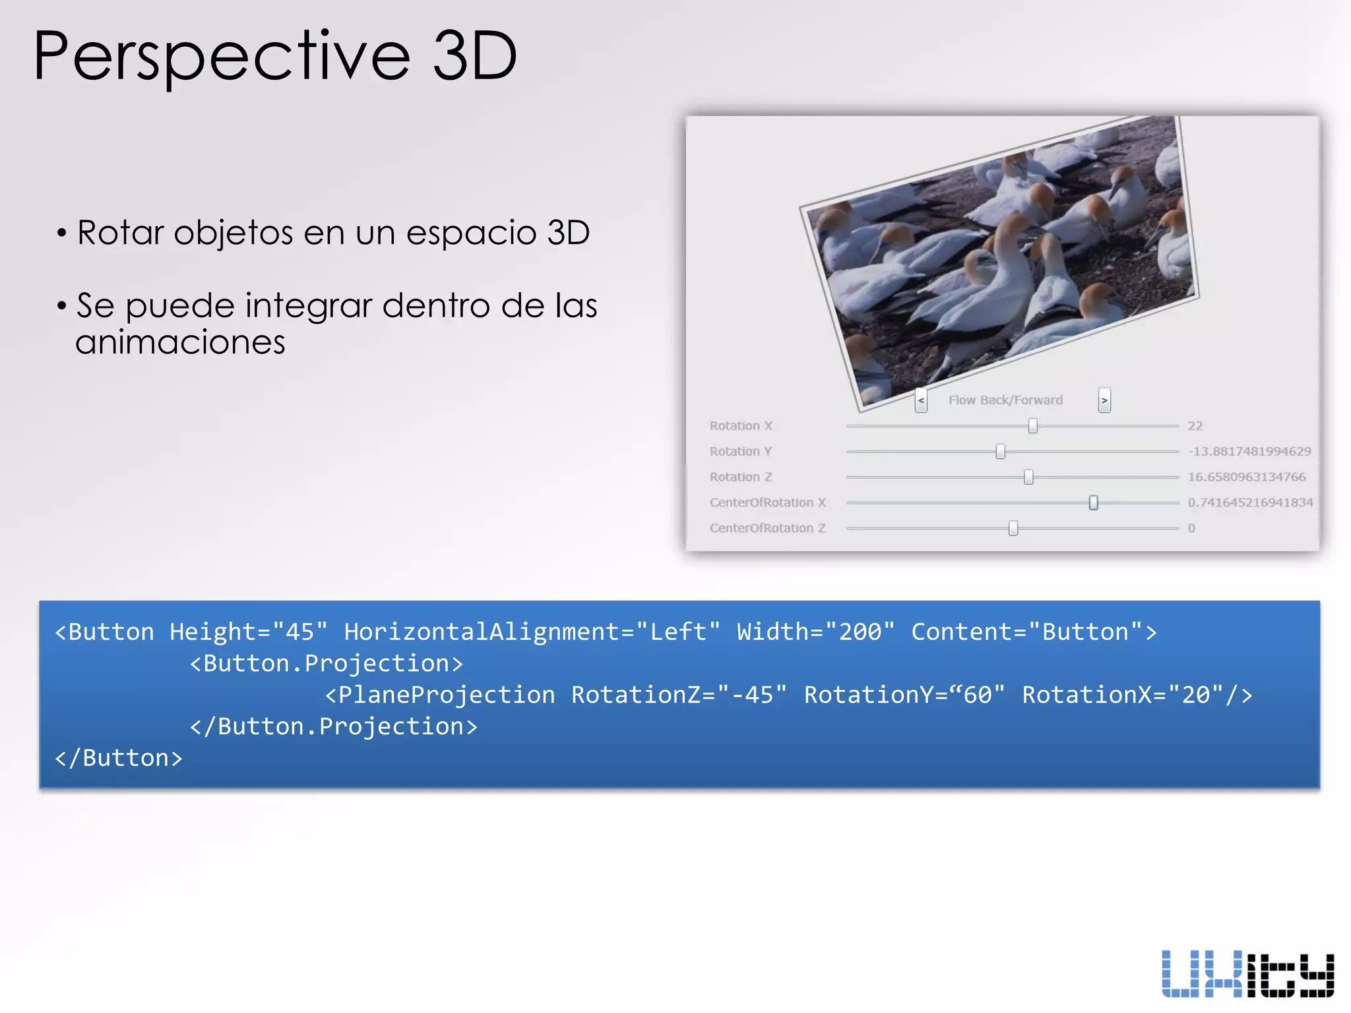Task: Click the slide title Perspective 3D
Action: click(x=275, y=57)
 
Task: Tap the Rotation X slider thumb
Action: click(x=1033, y=426)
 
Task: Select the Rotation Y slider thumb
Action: click(x=1001, y=452)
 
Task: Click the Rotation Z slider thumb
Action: click(x=1028, y=477)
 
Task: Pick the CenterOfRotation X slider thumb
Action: click(x=1094, y=503)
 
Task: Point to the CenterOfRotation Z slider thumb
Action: click(x=1013, y=528)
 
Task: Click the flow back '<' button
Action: click(x=922, y=400)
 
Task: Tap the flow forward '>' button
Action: click(x=1104, y=400)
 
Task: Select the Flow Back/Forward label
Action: click(x=1005, y=400)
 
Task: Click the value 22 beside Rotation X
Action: click(x=1195, y=426)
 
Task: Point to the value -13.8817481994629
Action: click(x=1249, y=452)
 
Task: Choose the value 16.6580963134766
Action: click(x=1247, y=477)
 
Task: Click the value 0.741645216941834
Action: click(x=1250, y=503)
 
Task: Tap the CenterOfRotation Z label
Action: click(x=767, y=528)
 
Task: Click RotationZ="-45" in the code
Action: click(x=679, y=695)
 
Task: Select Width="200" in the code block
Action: click(x=815, y=632)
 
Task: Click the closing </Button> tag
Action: click(x=119, y=758)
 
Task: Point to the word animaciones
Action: click(x=180, y=342)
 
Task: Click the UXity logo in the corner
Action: click(x=1247, y=973)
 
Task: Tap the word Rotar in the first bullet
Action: click(x=120, y=233)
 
